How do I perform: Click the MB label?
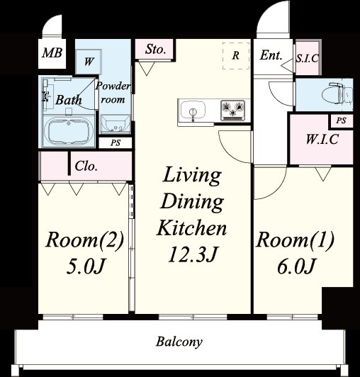(x=52, y=52)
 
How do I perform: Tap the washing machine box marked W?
(x=89, y=62)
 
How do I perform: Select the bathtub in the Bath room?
(x=69, y=131)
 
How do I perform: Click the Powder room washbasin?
(x=116, y=124)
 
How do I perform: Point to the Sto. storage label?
(x=155, y=50)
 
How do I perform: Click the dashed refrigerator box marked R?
(x=236, y=56)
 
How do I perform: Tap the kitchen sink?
(x=193, y=111)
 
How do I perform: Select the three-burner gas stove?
(x=232, y=111)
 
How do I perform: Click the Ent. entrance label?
(x=271, y=55)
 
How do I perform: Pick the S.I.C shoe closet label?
(x=307, y=58)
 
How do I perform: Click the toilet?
(x=338, y=94)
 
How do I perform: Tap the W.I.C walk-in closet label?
(x=322, y=139)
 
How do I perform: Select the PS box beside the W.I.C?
(x=341, y=120)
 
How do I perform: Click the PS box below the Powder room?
(x=116, y=143)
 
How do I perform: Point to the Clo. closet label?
(x=86, y=166)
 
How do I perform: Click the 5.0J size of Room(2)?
(x=86, y=266)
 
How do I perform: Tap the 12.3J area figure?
(x=193, y=254)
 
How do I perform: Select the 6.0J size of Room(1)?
(x=296, y=266)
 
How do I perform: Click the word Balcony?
(x=179, y=342)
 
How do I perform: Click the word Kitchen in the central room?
(x=191, y=227)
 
